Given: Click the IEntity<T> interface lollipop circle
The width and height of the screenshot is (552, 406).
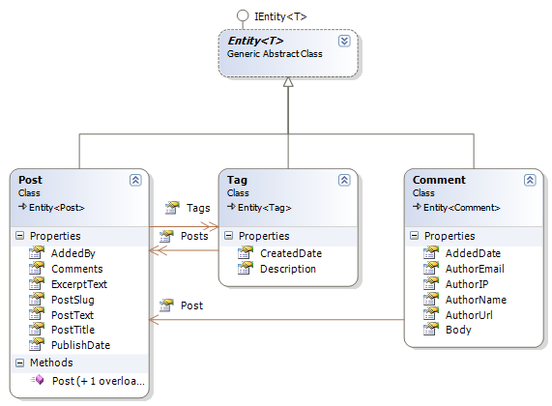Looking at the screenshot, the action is tap(243, 15).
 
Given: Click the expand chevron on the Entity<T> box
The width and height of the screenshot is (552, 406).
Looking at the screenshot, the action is tap(344, 42).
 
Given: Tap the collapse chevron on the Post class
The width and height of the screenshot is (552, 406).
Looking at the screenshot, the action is tap(135, 180).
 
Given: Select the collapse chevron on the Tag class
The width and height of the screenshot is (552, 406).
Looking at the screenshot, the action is tap(344, 180).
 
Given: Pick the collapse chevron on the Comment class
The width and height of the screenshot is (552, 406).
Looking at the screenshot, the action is tap(530, 180).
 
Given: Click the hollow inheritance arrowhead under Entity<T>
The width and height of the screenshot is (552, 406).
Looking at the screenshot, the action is tap(288, 82).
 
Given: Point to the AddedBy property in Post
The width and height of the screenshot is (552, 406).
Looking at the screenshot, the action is tap(73, 253).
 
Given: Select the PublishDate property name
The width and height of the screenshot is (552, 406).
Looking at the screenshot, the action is tap(80, 345).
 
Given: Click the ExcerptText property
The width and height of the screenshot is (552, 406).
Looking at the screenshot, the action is tap(79, 284).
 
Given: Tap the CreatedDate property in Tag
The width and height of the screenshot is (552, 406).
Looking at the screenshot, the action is tap(291, 253).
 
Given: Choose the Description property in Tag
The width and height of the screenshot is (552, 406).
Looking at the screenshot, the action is tap(288, 269).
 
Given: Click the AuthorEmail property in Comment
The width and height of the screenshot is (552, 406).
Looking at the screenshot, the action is tap(475, 269).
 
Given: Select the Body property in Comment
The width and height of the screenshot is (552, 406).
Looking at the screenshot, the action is tap(458, 330).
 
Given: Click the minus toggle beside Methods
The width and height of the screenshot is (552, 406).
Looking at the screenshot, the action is tap(20, 362).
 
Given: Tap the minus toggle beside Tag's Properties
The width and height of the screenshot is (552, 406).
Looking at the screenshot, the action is tap(229, 236).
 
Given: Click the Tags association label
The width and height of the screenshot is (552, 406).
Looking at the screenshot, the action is tap(198, 208).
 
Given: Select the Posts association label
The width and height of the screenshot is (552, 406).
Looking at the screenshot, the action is tap(194, 236).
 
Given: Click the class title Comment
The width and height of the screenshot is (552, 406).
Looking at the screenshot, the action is tap(439, 180).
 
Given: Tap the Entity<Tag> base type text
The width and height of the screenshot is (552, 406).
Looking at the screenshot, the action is tap(265, 208).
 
